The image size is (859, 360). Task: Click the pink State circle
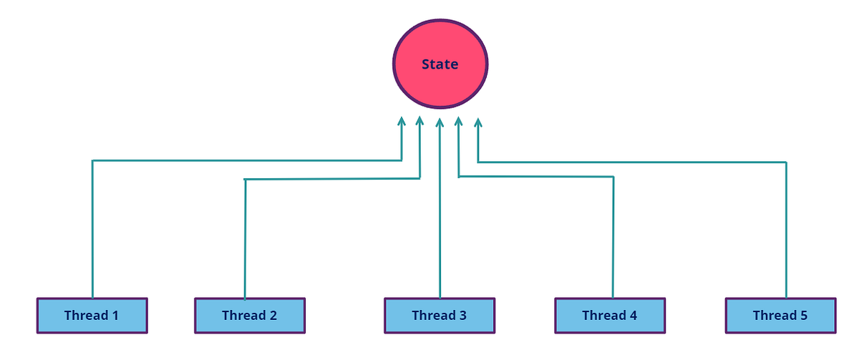point(440,64)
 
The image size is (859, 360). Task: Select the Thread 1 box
point(92,316)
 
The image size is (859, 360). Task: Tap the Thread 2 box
point(250,316)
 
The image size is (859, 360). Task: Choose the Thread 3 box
point(440,316)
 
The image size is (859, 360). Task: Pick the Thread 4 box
point(610,316)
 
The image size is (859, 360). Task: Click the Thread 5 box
point(780,316)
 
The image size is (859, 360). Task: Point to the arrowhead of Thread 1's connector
point(402,122)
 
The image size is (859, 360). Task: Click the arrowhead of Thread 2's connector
point(420,122)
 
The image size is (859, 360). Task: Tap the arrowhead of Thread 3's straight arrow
point(440,123)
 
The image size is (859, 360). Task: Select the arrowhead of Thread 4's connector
point(459,122)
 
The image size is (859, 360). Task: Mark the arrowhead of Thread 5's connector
point(478,123)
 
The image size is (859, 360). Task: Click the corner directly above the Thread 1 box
point(92,160)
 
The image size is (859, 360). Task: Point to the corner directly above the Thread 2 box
point(246,179)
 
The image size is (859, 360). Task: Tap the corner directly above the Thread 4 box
point(613,176)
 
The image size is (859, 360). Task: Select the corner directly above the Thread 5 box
point(786,162)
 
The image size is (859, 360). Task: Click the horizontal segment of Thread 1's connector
point(247,160)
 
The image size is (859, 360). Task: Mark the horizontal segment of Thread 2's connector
point(333,178)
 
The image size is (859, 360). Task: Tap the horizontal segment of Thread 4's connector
point(536,176)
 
